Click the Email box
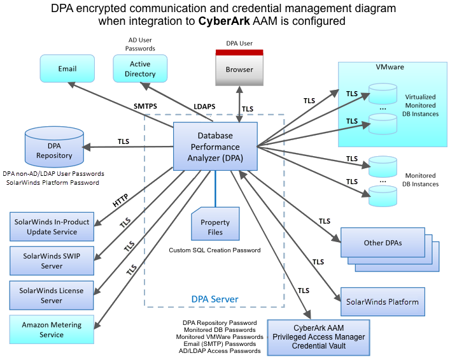pos(67,69)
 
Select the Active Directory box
pos(140,69)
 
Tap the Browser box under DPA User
pos(239,69)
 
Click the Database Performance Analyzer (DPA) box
pos(216,147)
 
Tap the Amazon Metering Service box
pos(51,329)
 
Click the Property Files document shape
pos(215,224)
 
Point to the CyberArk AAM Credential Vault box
pos(311,337)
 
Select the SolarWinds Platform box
pos(382,299)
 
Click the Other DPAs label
pos(383,243)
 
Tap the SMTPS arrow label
pos(146,106)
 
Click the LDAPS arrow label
pos(206,106)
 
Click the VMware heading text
pos(390,67)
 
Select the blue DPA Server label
pos(215,299)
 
